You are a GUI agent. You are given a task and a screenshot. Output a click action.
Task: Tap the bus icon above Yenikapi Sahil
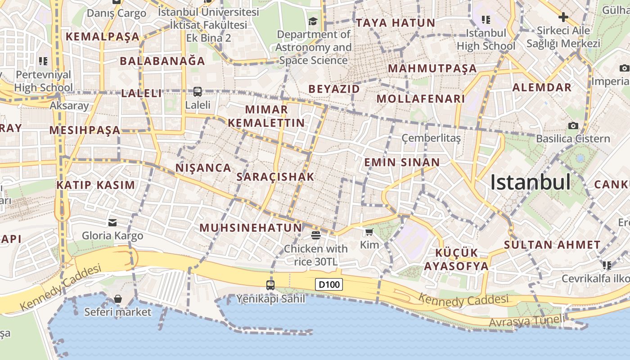click(270, 285)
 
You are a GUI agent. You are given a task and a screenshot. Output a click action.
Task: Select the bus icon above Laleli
click(197, 92)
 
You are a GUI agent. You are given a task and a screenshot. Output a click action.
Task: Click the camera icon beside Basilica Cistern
click(573, 126)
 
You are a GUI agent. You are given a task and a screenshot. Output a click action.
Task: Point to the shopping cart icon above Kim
click(369, 232)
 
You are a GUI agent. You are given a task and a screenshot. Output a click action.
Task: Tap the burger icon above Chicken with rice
click(315, 235)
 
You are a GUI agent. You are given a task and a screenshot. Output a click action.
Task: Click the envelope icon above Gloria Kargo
click(112, 222)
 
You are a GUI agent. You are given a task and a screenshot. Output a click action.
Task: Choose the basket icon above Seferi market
click(117, 299)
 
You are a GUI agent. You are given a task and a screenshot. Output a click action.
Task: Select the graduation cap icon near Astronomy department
click(312, 21)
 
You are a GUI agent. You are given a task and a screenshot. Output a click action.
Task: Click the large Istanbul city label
click(530, 182)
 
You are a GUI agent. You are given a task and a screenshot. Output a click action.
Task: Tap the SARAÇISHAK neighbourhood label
click(275, 177)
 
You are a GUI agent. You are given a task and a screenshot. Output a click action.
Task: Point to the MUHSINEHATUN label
click(251, 228)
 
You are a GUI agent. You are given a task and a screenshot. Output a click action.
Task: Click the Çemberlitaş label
click(431, 138)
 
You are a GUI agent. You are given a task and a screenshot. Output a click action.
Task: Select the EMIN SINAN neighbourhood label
click(402, 162)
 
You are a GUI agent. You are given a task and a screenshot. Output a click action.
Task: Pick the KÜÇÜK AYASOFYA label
click(456, 259)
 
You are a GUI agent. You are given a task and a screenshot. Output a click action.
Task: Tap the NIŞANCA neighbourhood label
click(203, 168)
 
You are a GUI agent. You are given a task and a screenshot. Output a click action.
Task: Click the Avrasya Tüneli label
click(526, 321)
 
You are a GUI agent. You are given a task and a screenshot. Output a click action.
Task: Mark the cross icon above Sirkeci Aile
click(563, 18)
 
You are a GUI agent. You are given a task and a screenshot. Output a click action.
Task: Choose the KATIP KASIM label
click(95, 185)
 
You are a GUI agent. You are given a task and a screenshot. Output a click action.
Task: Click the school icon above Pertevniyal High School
click(43, 61)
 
